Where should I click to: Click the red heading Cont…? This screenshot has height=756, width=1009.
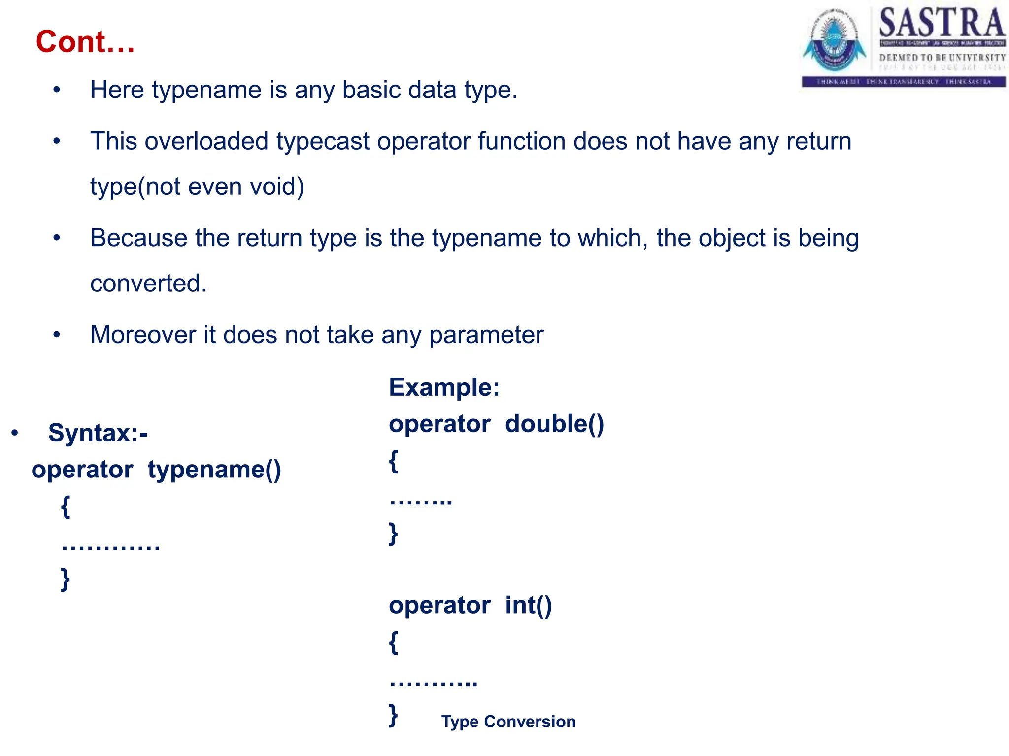pyautogui.click(x=85, y=41)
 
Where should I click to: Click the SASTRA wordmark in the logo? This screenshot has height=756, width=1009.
pyautogui.click(x=942, y=23)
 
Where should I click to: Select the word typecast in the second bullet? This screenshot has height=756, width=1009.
pyautogui.click(x=323, y=141)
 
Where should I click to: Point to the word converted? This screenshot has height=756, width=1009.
pyautogui.click(x=148, y=283)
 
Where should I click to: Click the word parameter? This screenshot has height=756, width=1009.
pyautogui.click(x=486, y=335)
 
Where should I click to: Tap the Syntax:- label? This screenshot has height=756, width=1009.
pyautogui.click(x=98, y=433)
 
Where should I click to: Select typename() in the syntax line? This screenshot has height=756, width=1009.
pyautogui.click(x=214, y=470)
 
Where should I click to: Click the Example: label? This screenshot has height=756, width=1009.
pyautogui.click(x=444, y=387)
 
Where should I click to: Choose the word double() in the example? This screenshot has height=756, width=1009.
pyautogui.click(x=554, y=424)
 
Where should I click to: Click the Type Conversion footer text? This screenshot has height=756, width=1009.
pyautogui.click(x=508, y=722)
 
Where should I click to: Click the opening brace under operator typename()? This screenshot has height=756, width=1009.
pyautogui.click(x=66, y=506)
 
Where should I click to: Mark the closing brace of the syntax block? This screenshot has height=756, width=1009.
pyautogui.click(x=66, y=579)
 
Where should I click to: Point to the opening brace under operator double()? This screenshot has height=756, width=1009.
pyautogui.click(x=393, y=461)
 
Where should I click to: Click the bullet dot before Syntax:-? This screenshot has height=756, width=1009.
pyautogui.click(x=15, y=433)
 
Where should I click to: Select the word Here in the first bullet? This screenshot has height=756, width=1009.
pyautogui.click(x=117, y=90)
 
